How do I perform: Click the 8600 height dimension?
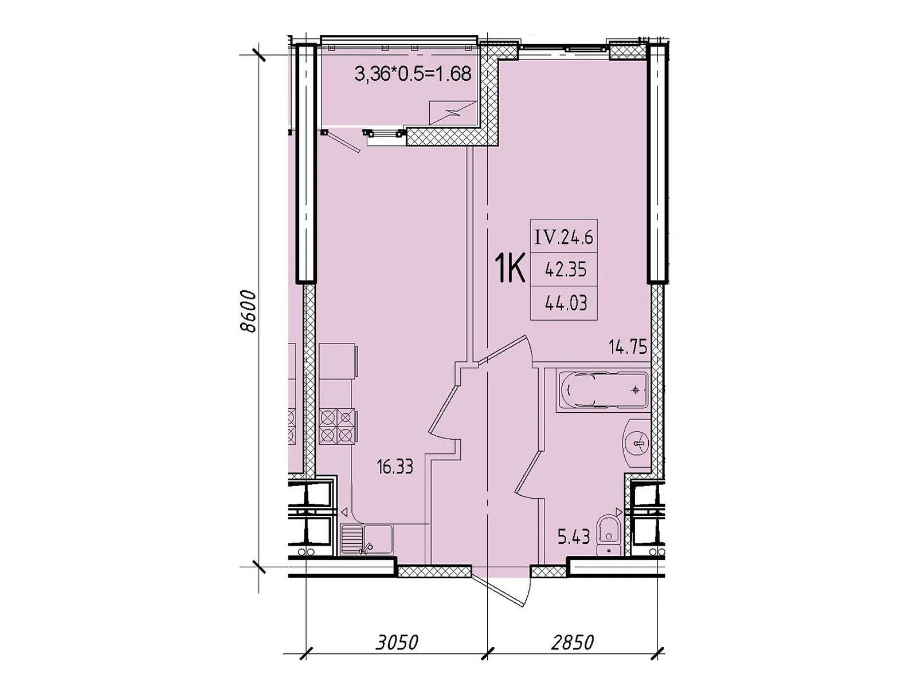click(248, 311)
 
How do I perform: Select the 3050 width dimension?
click(396, 642)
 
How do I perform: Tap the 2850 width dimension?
click(572, 642)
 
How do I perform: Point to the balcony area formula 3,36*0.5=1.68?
click(412, 74)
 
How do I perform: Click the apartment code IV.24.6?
click(563, 238)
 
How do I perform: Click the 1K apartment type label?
click(510, 270)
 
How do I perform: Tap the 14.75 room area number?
click(628, 347)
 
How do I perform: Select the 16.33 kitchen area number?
click(394, 467)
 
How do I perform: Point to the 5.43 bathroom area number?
click(574, 537)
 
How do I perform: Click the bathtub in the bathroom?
click(601, 390)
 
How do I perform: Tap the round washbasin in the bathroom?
click(636, 443)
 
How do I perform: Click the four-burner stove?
click(338, 427)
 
